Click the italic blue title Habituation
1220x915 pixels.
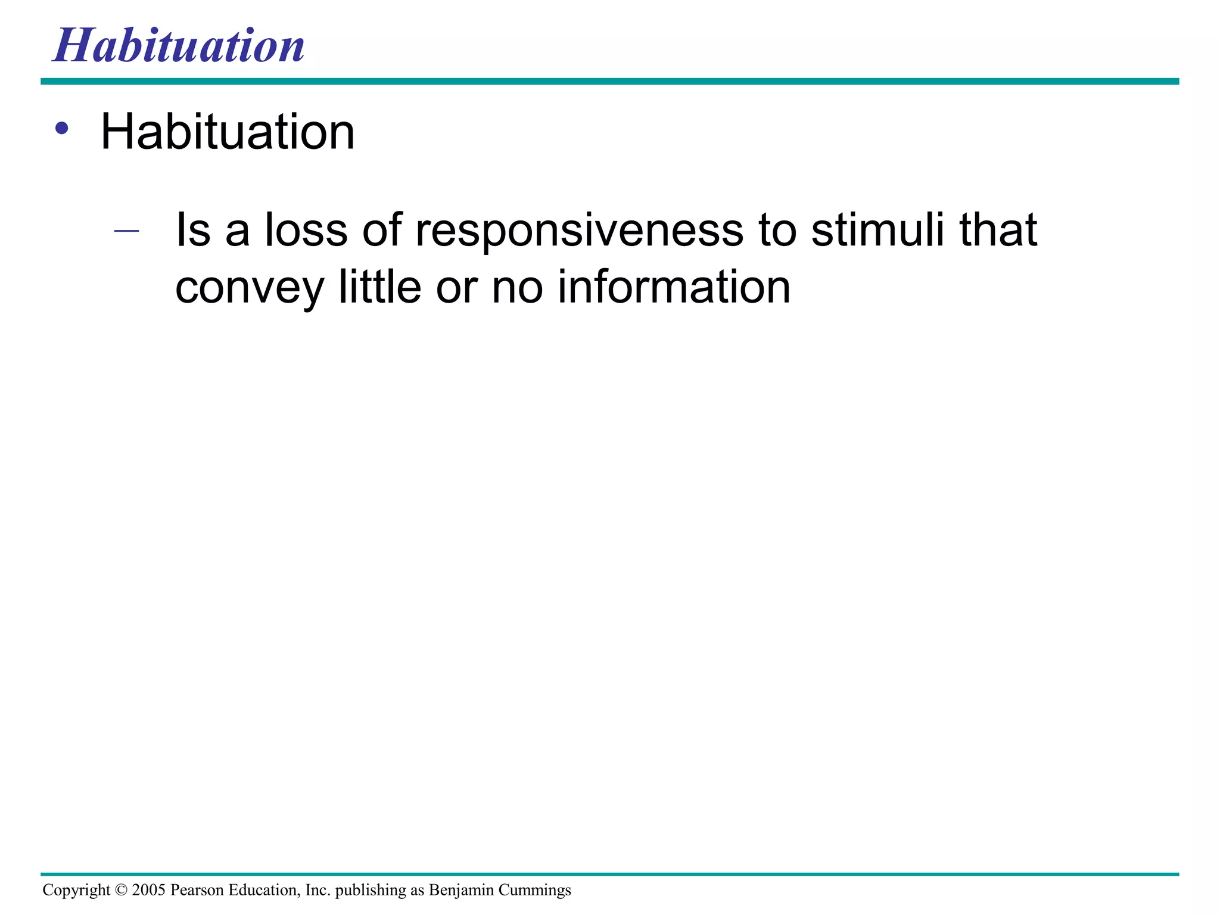click(179, 46)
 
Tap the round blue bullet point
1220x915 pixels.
click(62, 128)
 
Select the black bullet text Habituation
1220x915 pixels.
click(228, 132)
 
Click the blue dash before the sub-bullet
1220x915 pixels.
click(126, 231)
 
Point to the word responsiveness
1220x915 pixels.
click(579, 231)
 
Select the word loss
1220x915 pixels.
click(306, 230)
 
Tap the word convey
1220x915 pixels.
click(249, 288)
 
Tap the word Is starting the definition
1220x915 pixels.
click(192, 230)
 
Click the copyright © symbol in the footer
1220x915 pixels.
click(121, 890)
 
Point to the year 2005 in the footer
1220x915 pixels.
click(148, 890)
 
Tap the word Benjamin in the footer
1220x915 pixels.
click(461, 891)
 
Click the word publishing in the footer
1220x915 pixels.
click(370, 891)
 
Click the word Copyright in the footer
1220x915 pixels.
click(76, 891)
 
